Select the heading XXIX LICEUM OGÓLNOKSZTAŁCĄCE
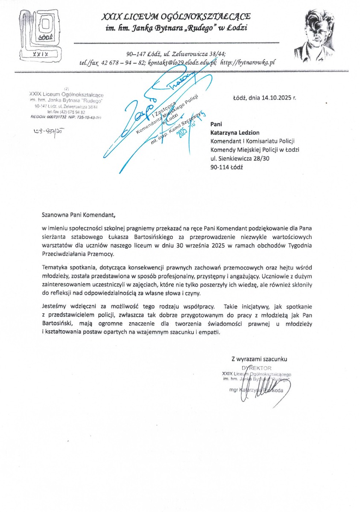click(176, 17)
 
